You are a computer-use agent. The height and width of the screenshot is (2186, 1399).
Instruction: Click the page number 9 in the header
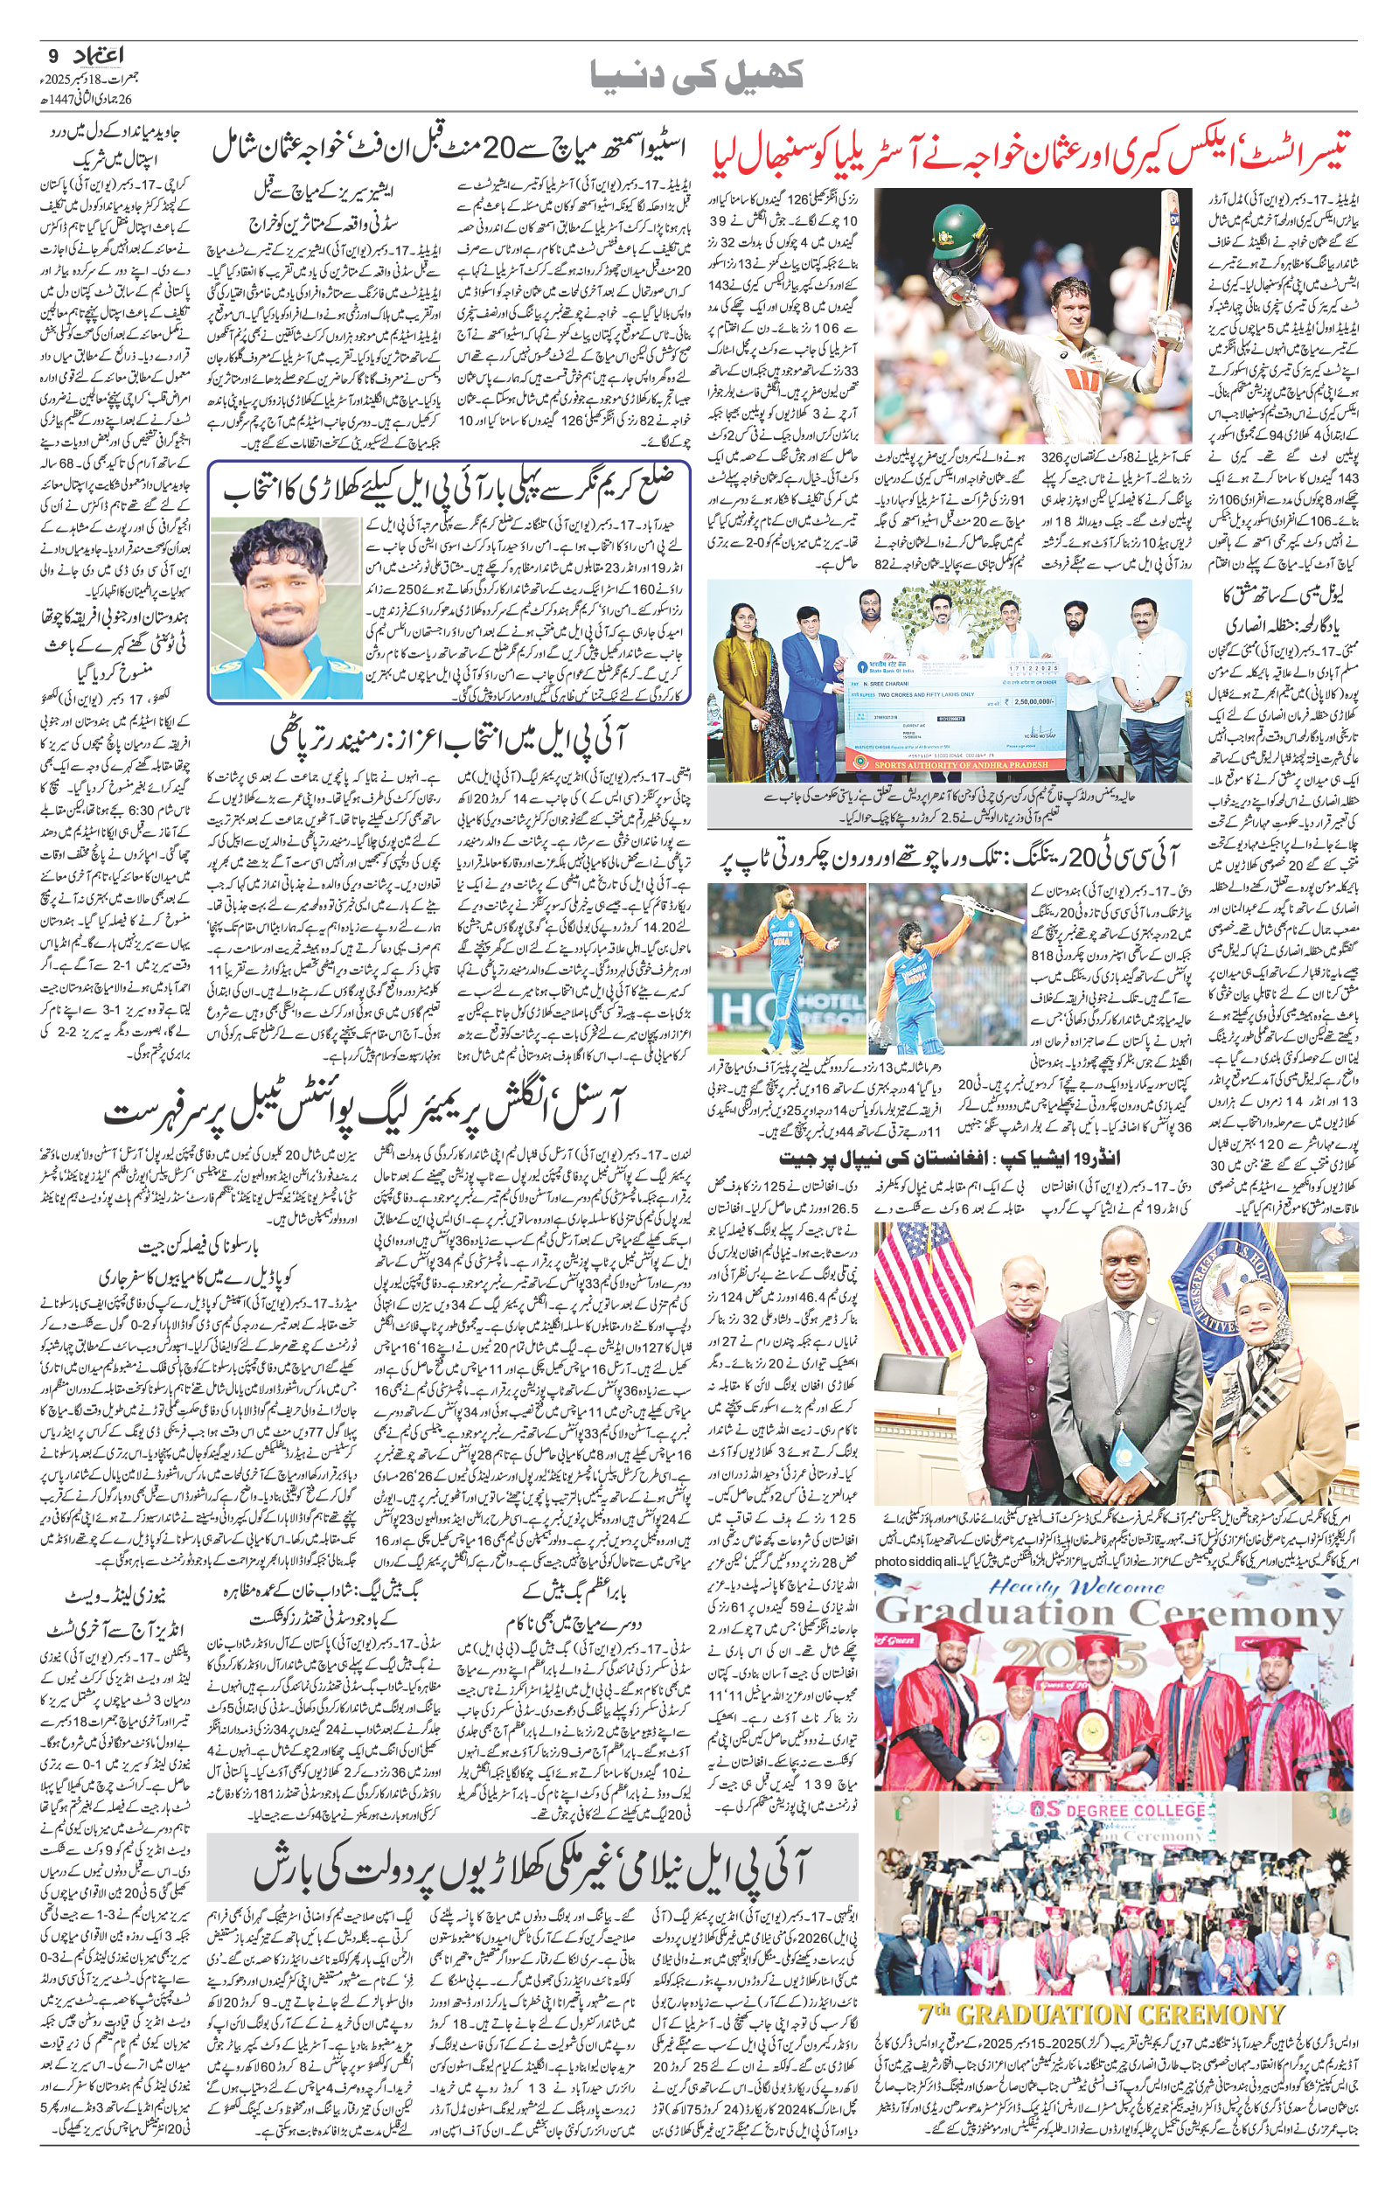pos(52,53)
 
